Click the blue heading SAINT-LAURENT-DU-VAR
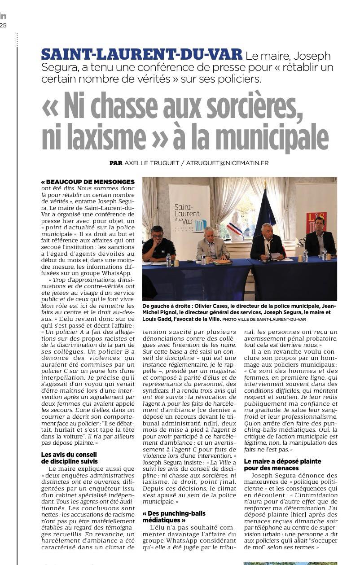[141, 55]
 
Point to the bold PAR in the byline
[116, 163]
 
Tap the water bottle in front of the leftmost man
[168, 260]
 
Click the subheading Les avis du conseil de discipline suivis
[70, 458]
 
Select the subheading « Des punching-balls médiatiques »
[174, 517]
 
